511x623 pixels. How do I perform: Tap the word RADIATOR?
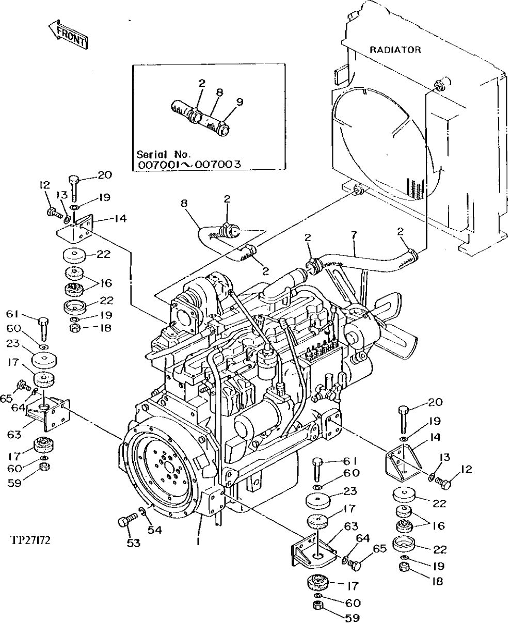[395, 50]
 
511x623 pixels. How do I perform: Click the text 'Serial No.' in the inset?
[164, 154]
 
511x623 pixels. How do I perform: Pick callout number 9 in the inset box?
[239, 102]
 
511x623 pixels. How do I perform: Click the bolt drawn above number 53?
[125, 521]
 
